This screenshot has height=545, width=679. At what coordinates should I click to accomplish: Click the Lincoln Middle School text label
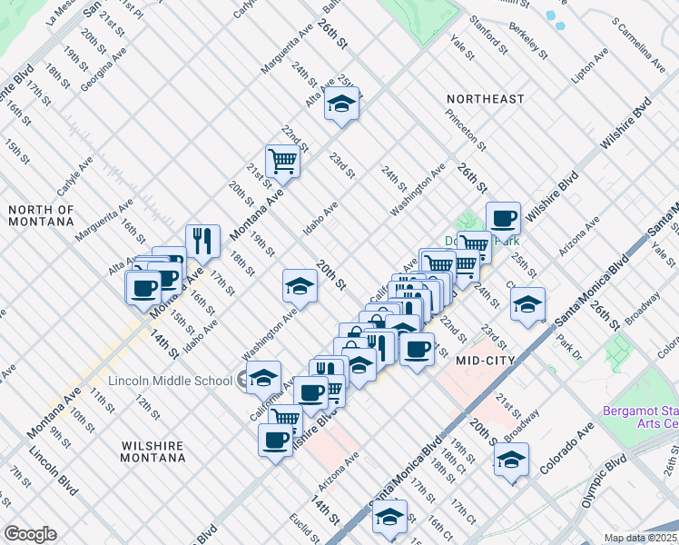coord(170,381)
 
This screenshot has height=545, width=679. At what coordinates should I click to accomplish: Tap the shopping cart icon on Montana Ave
coord(283,161)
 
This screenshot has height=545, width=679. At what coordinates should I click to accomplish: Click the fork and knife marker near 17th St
coord(203,240)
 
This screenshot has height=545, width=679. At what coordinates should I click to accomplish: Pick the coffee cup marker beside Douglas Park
coord(503,217)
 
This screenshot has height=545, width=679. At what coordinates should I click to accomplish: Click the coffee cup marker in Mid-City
coord(417,349)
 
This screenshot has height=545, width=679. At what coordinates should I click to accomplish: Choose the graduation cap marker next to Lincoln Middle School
coord(263,377)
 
